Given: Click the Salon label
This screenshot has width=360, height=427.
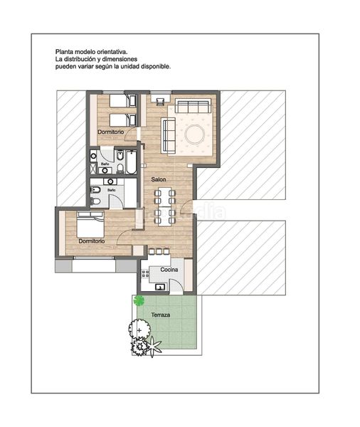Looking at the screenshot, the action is (159, 179).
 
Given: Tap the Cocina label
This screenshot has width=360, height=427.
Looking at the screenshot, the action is (169, 270).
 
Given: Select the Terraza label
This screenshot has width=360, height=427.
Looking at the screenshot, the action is (161, 315).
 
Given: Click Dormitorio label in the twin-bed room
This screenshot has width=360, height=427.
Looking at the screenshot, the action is (110, 132).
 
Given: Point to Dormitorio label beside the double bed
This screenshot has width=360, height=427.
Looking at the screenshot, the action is (92, 241).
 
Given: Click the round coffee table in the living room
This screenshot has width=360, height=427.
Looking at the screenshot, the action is (194, 134).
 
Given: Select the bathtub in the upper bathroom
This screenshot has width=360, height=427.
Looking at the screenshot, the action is (131, 162).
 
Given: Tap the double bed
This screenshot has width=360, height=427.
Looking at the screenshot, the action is (90, 224).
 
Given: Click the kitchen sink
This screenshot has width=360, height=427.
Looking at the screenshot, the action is (160, 287).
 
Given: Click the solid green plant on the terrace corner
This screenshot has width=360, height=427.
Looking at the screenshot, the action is (139, 300).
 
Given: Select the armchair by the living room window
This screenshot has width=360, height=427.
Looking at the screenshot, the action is (160, 101).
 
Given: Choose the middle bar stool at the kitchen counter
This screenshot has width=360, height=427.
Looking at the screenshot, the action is (159, 251).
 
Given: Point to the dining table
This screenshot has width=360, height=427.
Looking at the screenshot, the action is (165, 206).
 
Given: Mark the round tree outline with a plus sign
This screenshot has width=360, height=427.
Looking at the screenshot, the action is (139, 330).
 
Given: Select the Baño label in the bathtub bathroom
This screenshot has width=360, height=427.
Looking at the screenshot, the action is (105, 164).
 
